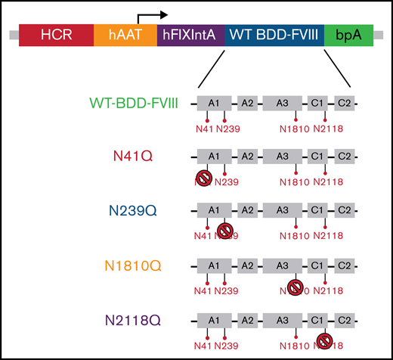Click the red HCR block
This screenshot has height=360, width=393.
coord(55,35)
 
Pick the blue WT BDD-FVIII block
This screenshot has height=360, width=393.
coord(274,35)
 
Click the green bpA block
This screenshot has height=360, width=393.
coord(348,35)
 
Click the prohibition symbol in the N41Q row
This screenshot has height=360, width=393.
coord(204,178)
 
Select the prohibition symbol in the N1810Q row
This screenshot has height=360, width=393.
coord(296,287)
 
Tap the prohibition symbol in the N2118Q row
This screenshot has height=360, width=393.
coord(324,341)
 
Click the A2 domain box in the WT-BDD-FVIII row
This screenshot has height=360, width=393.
coord(247,101)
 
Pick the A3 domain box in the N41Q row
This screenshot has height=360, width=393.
coord(282,156)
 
